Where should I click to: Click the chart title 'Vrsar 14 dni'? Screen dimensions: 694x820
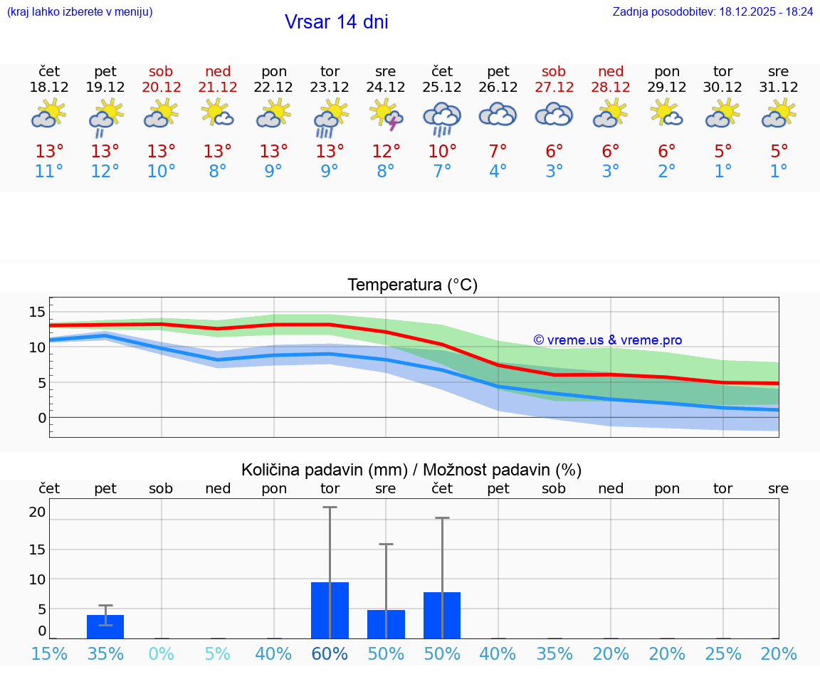click(336, 22)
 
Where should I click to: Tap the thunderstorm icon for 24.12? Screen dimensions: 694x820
click(386, 115)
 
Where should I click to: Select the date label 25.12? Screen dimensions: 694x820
click(442, 88)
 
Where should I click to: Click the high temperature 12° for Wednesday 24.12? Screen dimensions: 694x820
click(386, 152)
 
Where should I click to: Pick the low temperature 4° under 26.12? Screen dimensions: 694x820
click(498, 172)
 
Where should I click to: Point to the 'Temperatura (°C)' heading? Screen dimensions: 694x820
click(412, 285)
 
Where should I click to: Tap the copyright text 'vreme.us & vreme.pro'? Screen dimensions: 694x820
click(607, 340)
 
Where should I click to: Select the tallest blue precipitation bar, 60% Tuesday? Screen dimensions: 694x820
click(330, 610)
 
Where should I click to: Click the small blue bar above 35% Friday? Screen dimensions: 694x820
click(105, 626)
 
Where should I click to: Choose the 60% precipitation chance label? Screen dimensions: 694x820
click(330, 653)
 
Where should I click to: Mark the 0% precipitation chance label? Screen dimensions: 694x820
click(162, 653)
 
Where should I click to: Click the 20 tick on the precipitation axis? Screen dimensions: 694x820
click(37, 512)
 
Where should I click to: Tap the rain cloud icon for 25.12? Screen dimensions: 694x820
click(442, 117)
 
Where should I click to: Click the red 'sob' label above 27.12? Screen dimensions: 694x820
click(554, 72)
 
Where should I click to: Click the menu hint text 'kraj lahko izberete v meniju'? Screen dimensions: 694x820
click(80, 12)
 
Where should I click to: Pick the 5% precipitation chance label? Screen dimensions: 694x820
click(218, 653)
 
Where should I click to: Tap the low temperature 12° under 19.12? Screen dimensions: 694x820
click(105, 172)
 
